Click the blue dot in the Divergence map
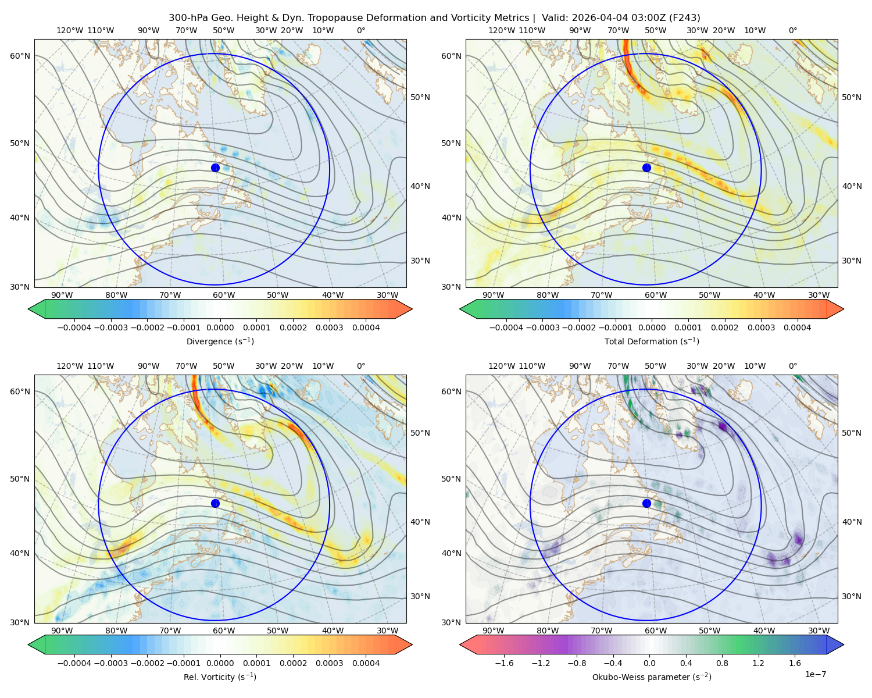215,168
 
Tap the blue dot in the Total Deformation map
646,168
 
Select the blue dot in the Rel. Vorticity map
215,503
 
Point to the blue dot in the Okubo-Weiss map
646,503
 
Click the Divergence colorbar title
220,341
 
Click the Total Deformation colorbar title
652,341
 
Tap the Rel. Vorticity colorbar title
220,677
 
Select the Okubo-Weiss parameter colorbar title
652,677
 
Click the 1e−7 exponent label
815,675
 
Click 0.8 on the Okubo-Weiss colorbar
722,663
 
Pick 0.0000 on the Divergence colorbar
220,327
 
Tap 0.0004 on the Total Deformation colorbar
798,327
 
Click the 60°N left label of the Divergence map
20,56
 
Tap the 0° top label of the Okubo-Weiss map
792,366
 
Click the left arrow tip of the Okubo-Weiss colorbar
460,644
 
